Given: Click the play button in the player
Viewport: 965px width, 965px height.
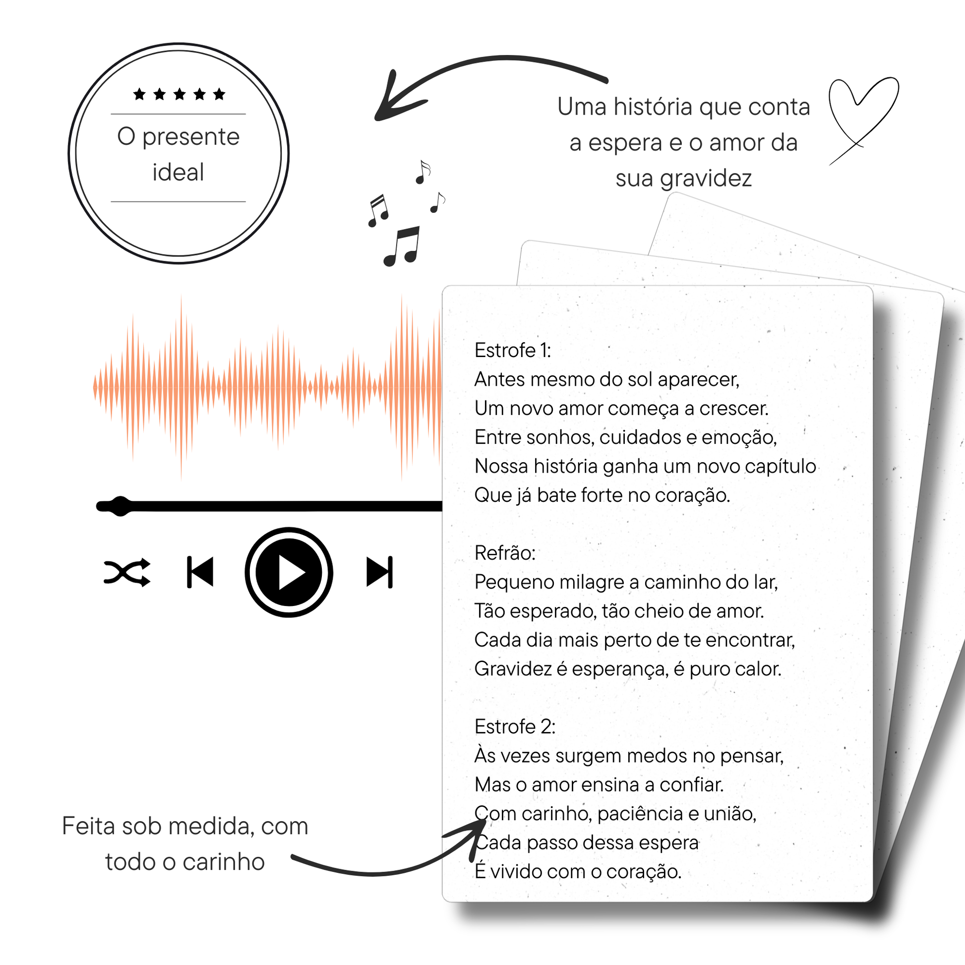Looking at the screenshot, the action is click(x=289, y=572).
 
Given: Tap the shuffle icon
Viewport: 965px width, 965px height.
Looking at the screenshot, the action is click(x=127, y=572).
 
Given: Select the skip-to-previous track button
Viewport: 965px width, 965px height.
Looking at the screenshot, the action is click(x=200, y=572).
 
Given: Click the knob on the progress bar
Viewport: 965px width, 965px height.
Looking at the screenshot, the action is click(x=120, y=506).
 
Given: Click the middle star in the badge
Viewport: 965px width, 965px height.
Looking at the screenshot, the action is click(x=180, y=94).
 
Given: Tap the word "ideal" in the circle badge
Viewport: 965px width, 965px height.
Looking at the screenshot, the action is click(x=179, y=173).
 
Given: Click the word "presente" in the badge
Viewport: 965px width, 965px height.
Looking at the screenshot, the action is click(x=191, y=137).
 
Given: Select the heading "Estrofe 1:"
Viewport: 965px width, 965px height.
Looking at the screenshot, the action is click(x=512, y=351).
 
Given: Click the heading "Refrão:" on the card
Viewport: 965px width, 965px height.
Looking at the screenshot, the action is click(x=504, y=553).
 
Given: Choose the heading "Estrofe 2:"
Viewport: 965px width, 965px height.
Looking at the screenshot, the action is click(x=514, y=727).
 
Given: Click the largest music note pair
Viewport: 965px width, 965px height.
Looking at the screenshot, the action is click(x=402, y=246).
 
